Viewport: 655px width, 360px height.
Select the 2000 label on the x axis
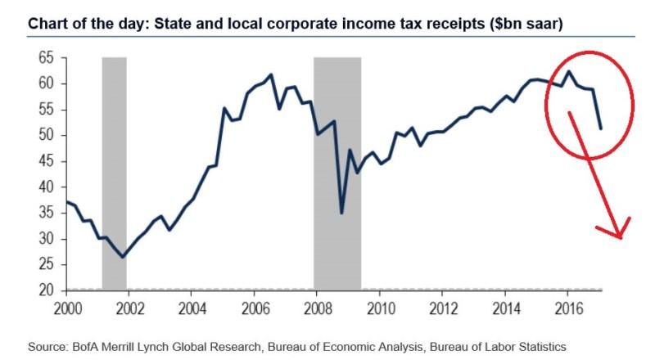coord(66,308)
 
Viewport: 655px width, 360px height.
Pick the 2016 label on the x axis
coord(567,308)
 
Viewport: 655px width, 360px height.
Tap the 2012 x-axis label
coord(442,308)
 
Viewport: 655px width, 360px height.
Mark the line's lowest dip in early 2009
coord(341,213)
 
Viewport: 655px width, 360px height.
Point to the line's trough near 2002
coord(123,257)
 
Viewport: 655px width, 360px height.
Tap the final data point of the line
coord(602,128)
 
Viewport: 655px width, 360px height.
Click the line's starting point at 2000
coord(66,201)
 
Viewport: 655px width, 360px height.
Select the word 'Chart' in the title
coord(47,24)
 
